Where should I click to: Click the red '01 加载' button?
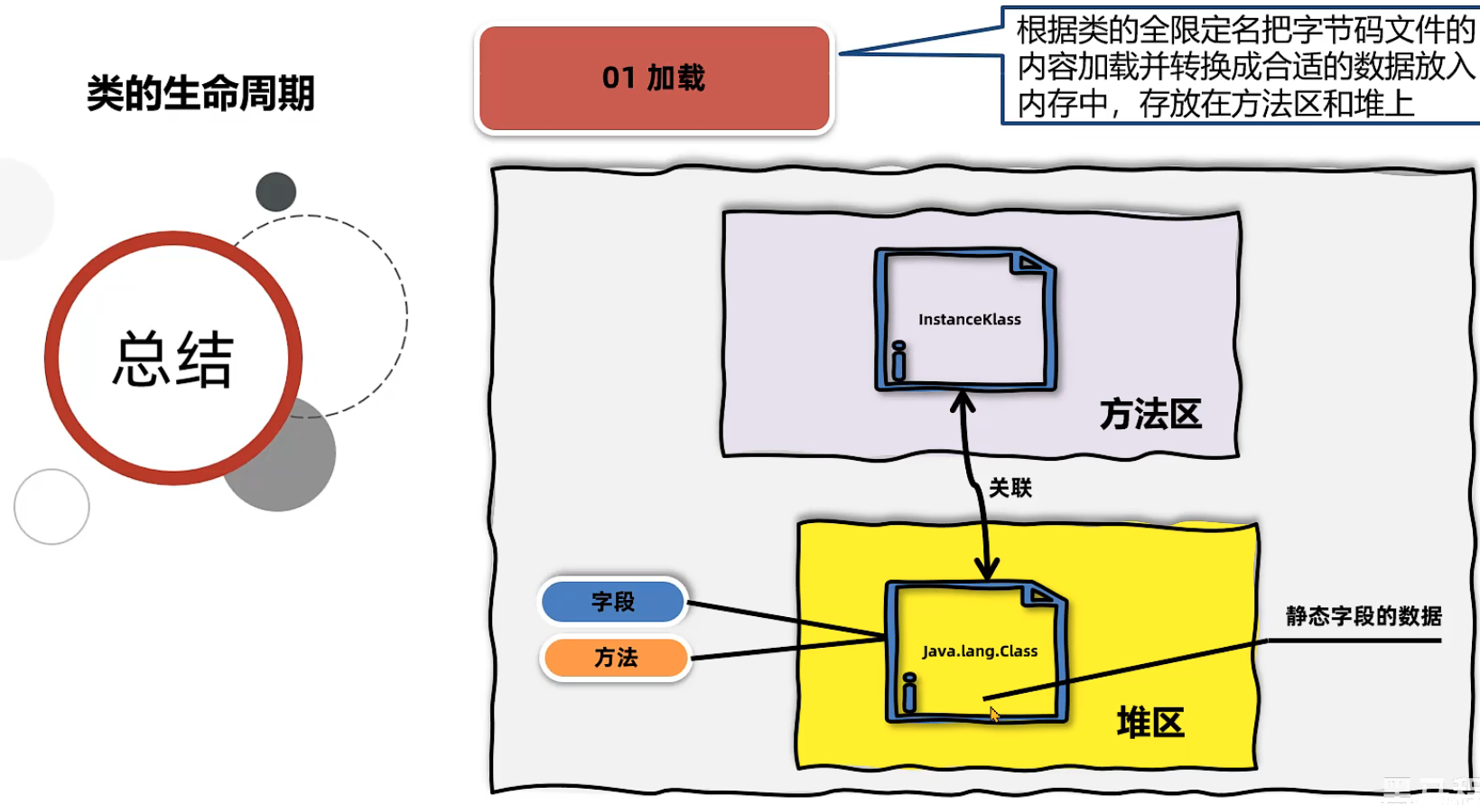point(654,79)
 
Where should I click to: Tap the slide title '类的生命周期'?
point(200,93)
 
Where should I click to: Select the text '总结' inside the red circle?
point(173,359)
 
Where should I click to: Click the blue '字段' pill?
point(613,602)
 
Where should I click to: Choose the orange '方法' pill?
point(615,658)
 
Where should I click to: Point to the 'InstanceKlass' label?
point(969,319)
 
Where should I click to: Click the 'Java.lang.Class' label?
point(980,651)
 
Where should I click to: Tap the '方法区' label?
point(1150,415)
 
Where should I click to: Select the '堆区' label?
point(1150,723)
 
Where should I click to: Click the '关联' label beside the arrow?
point(1010,488)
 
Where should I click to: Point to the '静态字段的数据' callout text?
point(1364,616)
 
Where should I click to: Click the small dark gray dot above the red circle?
point(276,192)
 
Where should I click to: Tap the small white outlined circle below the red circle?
point(51,507)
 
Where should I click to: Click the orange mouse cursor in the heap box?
point(994,715)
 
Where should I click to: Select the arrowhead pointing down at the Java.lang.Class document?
point(987,569)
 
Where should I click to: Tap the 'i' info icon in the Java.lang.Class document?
point(909,692)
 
